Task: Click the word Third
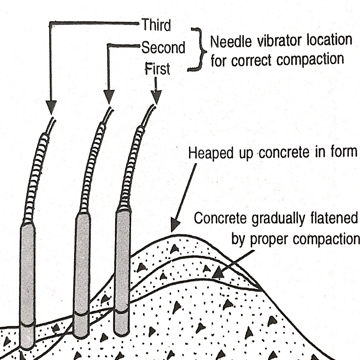coord(156,26)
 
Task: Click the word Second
coord(163,48)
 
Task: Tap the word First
coord(157,68)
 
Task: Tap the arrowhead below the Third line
coord(52,107)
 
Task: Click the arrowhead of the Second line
coord(109,97)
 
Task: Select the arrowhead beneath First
coord(156,97)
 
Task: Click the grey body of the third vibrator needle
coord(27,281)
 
